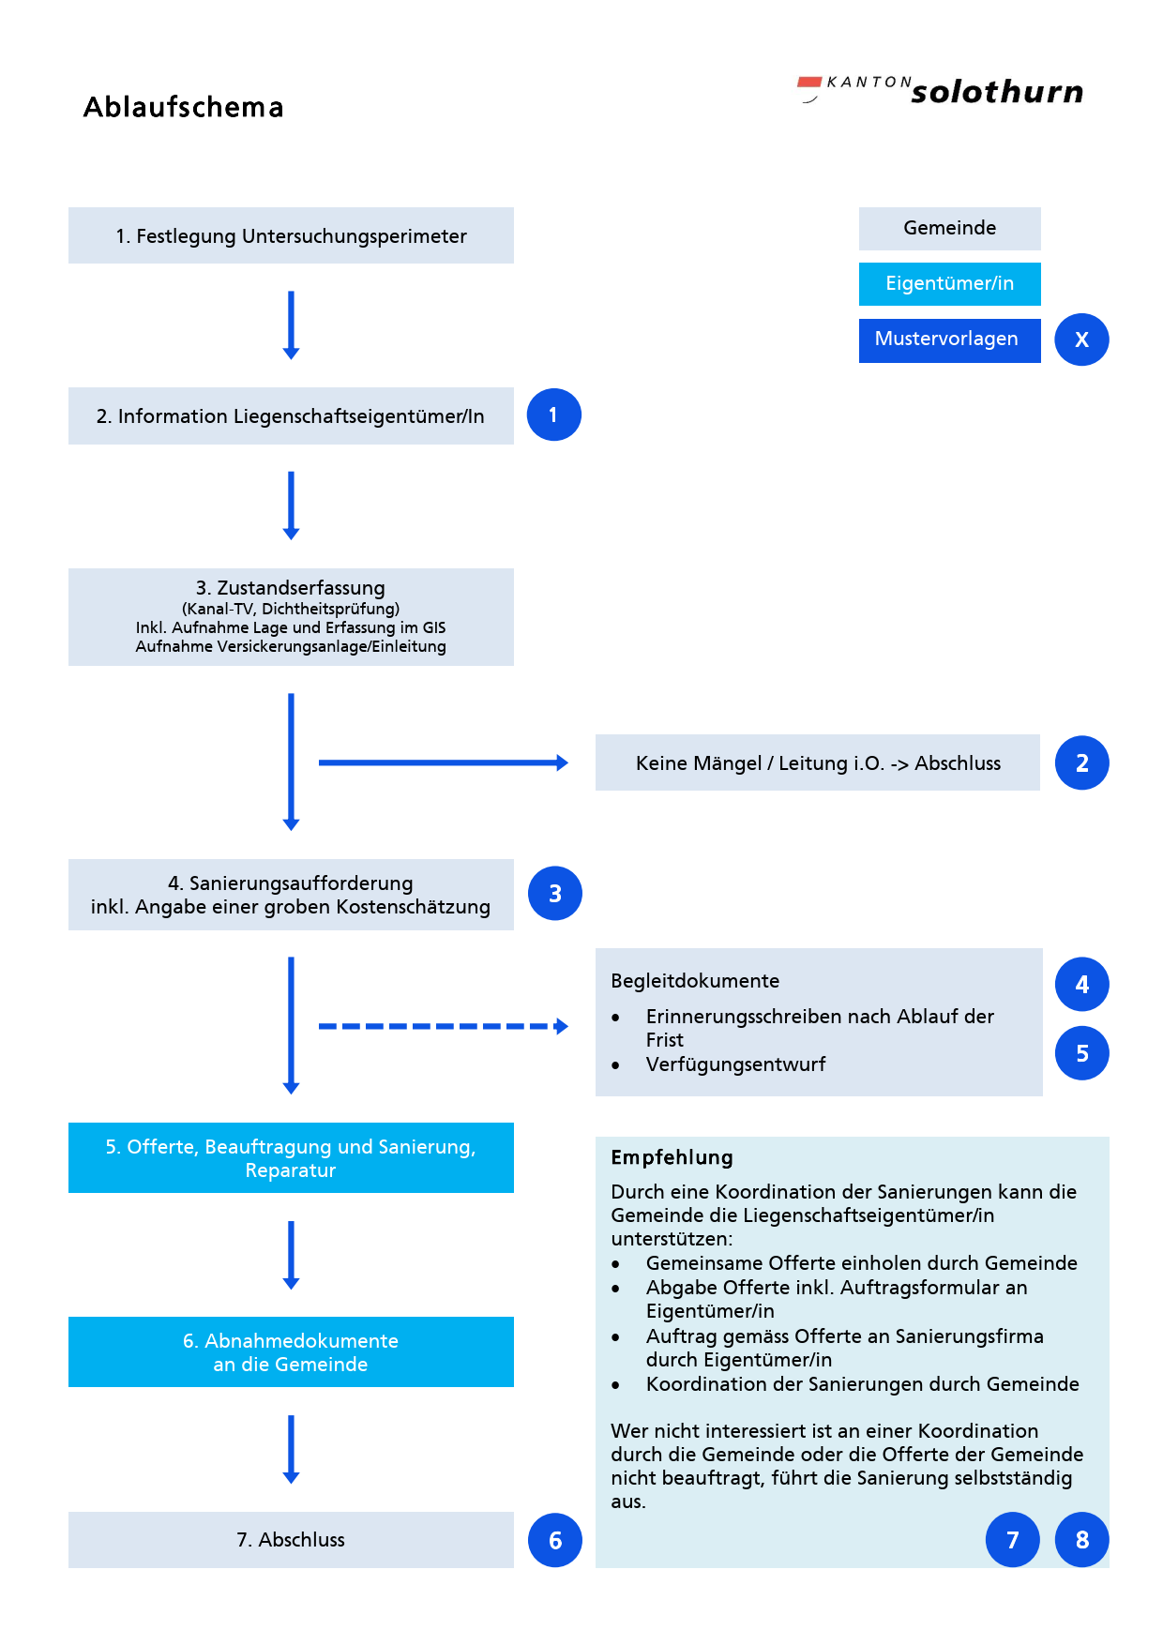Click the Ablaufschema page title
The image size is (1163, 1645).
pyautogui.click(x=184, y=107)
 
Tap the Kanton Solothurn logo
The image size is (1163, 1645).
pyautogui.click(x=941, y=90)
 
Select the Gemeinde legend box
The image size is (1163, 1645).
pyautogui.click(x=949, y=228)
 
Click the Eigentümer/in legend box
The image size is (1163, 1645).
pyautogui.click(x=949, y=283)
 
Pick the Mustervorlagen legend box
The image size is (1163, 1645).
pyautogui.click(x=949, y=340)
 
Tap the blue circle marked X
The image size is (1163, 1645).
pyautogui.click(x=1081, y=340)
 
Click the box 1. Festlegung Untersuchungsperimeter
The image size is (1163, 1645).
pyautogui.click(x=291, y=235)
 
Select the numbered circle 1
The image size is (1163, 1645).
pyautogui.click(x=553, y=415)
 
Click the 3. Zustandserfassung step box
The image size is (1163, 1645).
pyautogui.click(x=291, y=616)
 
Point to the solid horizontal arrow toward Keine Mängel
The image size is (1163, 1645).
pyautogui.click(x=443, y=762)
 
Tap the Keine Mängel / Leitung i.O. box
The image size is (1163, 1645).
pyautogui.click(x=817, y=762)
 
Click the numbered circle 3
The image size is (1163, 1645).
pyautogui.click(x=554, y=893)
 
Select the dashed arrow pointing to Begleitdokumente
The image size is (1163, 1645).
pyautogui.click(x=443, y=1026)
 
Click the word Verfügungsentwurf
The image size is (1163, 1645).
pyautogui.click(x=735, y=1064)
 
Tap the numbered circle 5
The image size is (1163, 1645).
pyautogui.click(x=1081, y=1053)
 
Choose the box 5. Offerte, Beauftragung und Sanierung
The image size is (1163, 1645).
pyautogui.click(x=291, y=1157)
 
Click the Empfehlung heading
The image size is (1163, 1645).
pyautogui.click(x=672, y=1157)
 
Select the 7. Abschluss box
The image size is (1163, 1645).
pyautogui.click(x=291, y=1539)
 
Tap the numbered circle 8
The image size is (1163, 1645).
pyautogui.click(x=1081, y=1539)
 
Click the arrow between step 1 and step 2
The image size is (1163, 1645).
pyautogui.click(x=291, y=324)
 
